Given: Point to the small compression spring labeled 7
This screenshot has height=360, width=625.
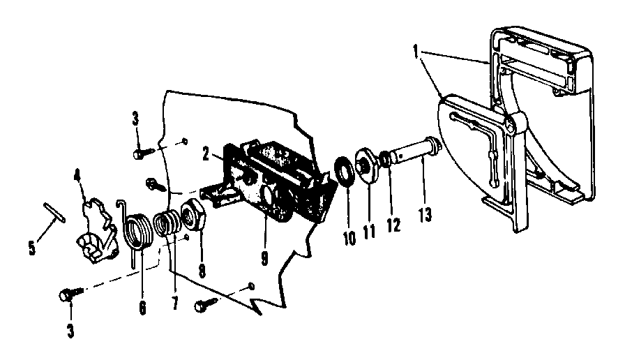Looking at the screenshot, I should click(x=166, y=227).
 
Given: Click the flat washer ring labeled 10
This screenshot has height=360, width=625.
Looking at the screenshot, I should click(x=344, y=172).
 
